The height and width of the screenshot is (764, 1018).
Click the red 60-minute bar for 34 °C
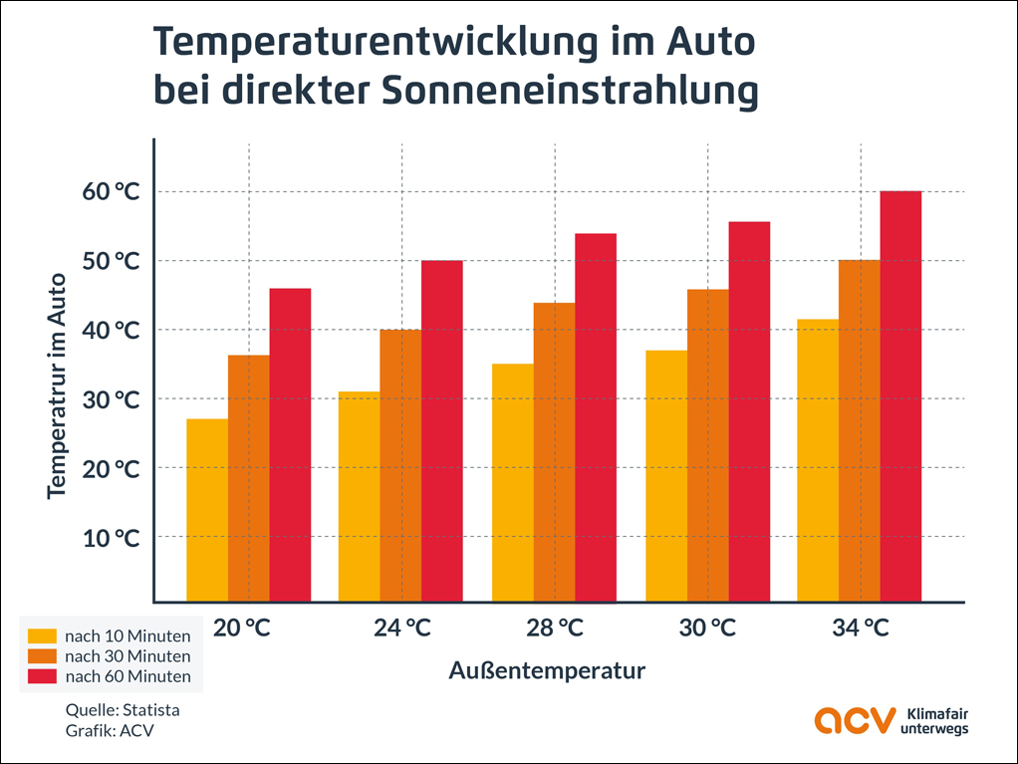pyautogui.click(x=900, y=396)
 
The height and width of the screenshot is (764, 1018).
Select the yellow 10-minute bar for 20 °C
pyautogui.click(x=207, y=510)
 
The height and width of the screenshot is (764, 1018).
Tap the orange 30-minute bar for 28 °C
pyautogui.click(x=554, y=452)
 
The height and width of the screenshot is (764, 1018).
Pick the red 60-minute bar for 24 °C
pyautogui.click(x=442, y=430)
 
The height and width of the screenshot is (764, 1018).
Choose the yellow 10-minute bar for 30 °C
pyautogui.click(x=666, y=476)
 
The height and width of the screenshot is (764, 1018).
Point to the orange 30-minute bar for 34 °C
pyautogui.click(x=859, y=430)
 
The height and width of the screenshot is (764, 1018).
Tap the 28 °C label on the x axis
pyautogui.click(x=556, y=629)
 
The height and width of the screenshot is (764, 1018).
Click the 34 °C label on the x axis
pyautogui.click(x=862, y=629)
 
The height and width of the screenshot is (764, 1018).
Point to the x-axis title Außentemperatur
pyautogui.click(x=547, y=670)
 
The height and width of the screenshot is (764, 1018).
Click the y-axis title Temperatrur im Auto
pyautogui.click(x=57, y=385)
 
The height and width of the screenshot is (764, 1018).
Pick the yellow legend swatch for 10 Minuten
pyautogui.click(x=42, y=636)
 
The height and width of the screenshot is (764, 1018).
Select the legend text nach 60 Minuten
pyautogui.click(x=127, y=676)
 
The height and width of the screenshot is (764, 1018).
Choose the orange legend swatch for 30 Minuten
pyautogui.click(x=42, y=656)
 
